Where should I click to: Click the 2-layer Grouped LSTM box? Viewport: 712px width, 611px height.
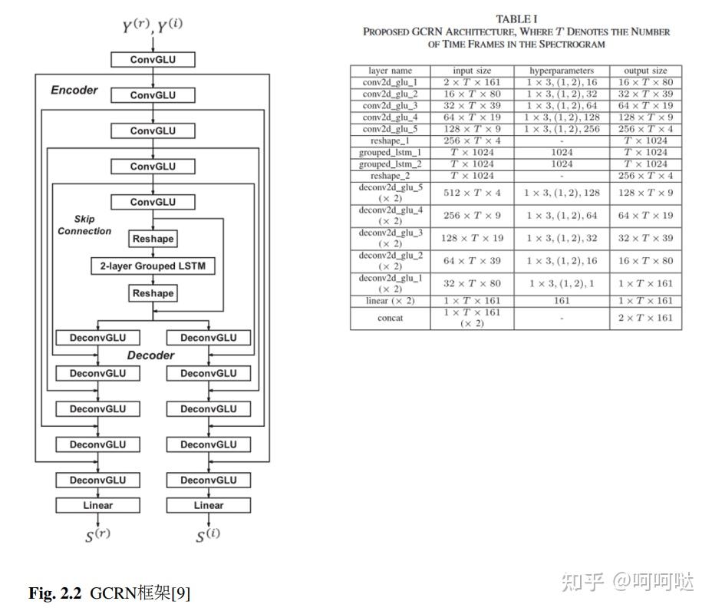pyautogui.click(x=153, y=266)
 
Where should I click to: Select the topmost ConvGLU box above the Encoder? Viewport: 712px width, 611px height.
pyautogui.click(x=153, y=60)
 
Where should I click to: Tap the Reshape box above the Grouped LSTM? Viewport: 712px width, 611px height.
pyautogui.click(x=153, y=239)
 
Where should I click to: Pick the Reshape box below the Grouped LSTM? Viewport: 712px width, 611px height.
pyautogui.click(x=153, y=293)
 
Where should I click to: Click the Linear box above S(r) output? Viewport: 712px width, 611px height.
pyautogui.click(x=97, y=505)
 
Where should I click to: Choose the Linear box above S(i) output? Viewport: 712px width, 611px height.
pyautogui.click(x=209, y=505)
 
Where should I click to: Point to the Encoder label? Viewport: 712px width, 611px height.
pyautogui.click(x=74, y=90)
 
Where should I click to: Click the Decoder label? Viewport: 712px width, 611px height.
pyautogui.click(x=150, y=355)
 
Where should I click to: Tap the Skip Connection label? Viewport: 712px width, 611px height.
pyautogui.click(x=84, y=225)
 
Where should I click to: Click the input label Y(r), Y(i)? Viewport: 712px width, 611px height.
pyautogui.click(x=152, y=26)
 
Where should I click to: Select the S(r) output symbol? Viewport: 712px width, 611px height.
pyautogui.click(x=97, y=536)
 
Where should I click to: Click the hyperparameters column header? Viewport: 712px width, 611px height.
pyautogui.click(x=562, y=71)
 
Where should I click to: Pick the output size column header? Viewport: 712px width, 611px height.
pyautogui.click(x=645, y=71)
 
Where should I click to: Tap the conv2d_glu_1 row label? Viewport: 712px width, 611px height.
pyautogui.click(x=390, y=82)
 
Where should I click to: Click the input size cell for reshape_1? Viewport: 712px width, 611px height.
pyautogui.click(x=472, y=140)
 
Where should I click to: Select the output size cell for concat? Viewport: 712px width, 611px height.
pyautogui.click(x=645, y=318)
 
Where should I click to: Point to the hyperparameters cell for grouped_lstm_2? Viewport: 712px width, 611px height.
pyautogui.click(x=562, y=164)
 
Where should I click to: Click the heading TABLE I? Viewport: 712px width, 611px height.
pyautogui.click(x=516, y=19)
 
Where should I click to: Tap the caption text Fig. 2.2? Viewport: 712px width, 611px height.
pyautogui.click(x=55, y=593)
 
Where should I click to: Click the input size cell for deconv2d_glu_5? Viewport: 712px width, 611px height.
pyautogui.click(x=472, y=193)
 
